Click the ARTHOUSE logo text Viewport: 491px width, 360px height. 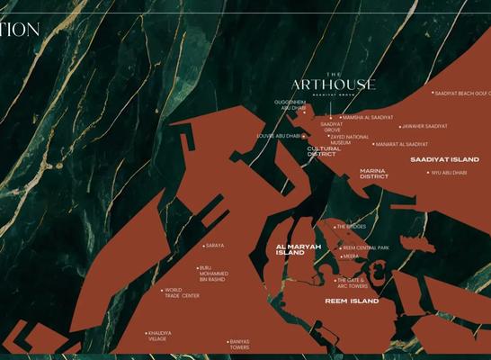click(x=334, y=85)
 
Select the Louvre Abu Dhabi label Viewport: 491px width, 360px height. click(x=278, y=136)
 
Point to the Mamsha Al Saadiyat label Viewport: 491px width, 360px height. click(x=368, y=117)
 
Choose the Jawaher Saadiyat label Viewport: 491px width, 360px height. click(x=425, y=126)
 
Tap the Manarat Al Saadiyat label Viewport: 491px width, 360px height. click(x=402, y=144)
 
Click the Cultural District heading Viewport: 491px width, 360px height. click(x=321, y=151)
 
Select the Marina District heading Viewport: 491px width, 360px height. click(x=374, y=173)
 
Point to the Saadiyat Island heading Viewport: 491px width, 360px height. click(x=445, y=159)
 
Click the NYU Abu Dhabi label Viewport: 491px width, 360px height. click(x=449, y=173)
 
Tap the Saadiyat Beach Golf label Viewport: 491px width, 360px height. click(x=461, y=93)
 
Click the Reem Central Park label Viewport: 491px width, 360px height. click(x=366, y=247)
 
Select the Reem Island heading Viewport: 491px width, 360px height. click(x=352, y=301)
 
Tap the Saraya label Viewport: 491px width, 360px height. click(x=215, y=245)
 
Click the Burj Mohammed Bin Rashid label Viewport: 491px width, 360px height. click(x=213, y=274)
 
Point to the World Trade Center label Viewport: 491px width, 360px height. click(x=182, y=292)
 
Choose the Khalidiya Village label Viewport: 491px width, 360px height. click(x=157, y=336)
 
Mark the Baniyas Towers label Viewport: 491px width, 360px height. click(x=239, y=344)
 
